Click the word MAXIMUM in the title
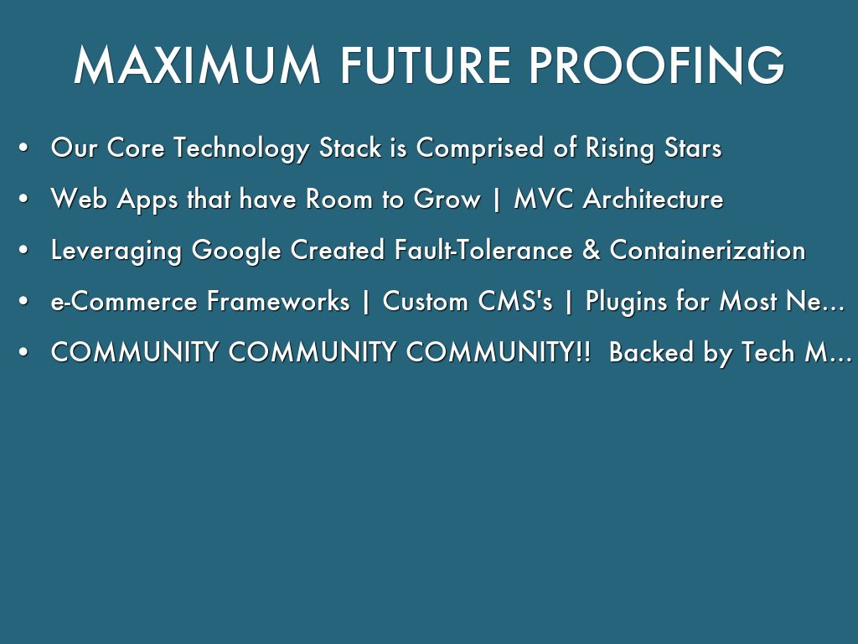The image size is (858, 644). (197, 65)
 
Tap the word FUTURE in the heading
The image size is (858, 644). (426, 65)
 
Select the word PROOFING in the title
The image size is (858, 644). (657, 65)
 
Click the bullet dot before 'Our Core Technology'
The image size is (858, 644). (23, 148)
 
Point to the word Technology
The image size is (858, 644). (241, 148)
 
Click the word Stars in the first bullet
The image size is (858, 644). (693, 148)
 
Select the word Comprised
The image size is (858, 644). (480, 148)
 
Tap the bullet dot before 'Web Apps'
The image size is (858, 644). (23, 199)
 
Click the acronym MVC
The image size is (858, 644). (543, 198)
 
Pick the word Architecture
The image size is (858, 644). (654, 198)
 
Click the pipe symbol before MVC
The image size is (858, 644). (497, 200)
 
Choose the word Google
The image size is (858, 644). (235, 251)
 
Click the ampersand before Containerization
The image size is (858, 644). (592, 250)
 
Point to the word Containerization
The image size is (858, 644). (707, 250)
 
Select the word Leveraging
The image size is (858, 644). (116, 251)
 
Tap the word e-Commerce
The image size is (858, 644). (124, 301)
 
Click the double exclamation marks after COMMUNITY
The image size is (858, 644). (583, 351)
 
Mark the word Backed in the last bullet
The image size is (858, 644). (651, 351)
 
